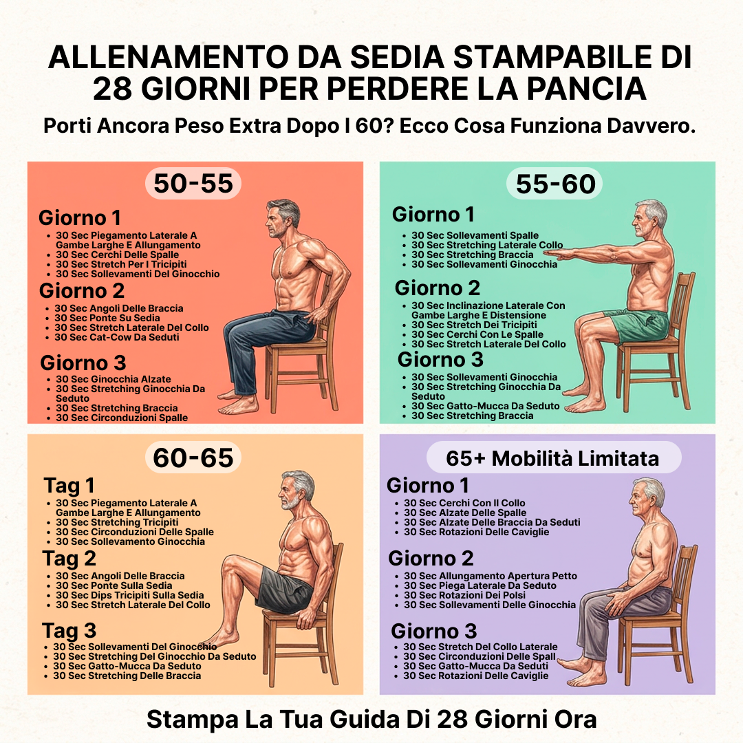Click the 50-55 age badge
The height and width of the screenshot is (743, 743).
click(x=193, y=184)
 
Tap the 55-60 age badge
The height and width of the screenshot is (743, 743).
click(x=555, y=184)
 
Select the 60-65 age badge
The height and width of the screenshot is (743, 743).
click(x=193, y=457)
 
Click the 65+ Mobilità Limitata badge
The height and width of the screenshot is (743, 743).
click(x=553, y=457)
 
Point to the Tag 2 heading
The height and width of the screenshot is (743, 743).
click(x=69, y=559)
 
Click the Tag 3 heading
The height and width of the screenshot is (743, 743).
click(x=69, y=631)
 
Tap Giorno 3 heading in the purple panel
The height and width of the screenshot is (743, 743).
click(x=433, y=631)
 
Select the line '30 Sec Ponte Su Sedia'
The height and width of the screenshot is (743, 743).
click(x=107, y=318)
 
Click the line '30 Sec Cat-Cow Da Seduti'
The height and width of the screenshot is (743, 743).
click(x=116, y=337)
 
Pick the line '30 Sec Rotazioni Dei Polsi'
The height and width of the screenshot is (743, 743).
click(x=464, y=595)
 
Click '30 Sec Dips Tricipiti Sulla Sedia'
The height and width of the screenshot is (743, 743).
click(x=130, y=595)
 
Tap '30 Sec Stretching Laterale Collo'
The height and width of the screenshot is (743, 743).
click(x=487, y=245)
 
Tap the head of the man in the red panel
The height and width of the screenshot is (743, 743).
click(x=283, y=219)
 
